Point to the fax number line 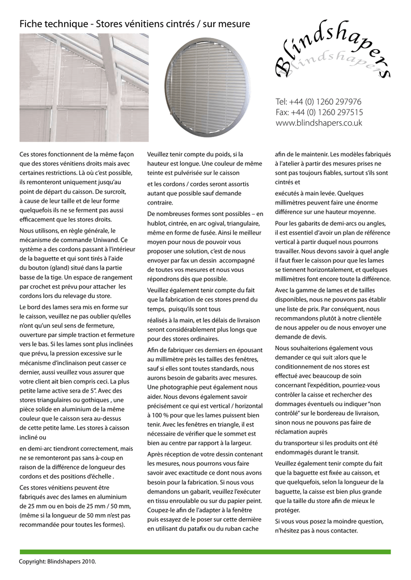click(x=319, y=112)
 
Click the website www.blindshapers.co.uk click(x=319, y=123)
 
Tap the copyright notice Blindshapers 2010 click(x=58, y=562)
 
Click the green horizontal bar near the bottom click(x=205, y=552)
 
